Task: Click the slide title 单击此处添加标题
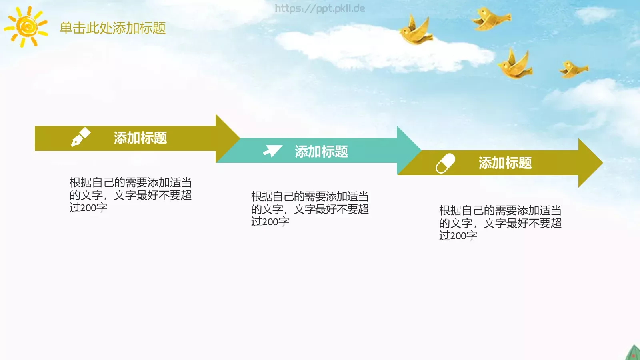click(112, 28)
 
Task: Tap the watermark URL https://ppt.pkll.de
click(320, 8)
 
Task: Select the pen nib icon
click(80, 137)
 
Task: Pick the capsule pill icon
click(445, 163)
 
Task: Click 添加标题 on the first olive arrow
click(140, 138)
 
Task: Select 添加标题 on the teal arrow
click(321, 152)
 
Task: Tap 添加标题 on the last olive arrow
click(505, 163)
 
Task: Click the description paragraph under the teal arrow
click(310, 209)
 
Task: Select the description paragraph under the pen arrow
click(130, 195)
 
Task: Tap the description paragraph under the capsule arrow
click(500, 223)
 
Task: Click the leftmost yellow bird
click(416, 31)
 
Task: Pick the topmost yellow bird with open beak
click(490, 19)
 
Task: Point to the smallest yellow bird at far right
click(573, 69)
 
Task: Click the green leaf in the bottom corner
click(633, 353)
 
